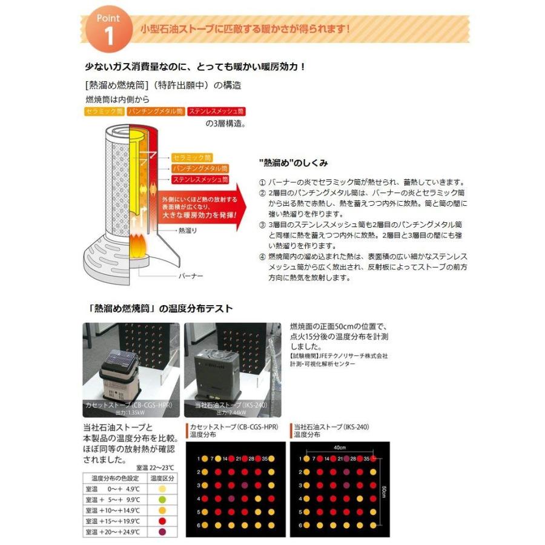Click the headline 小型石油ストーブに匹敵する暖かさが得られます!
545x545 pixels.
(x=245, y=28)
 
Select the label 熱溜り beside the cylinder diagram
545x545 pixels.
(x=187, y=231)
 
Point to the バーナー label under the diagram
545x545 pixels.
(x=191, y=276)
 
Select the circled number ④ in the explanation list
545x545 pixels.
(x=262, y=256)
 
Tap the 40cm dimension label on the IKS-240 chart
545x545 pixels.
(x=339, y=448)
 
